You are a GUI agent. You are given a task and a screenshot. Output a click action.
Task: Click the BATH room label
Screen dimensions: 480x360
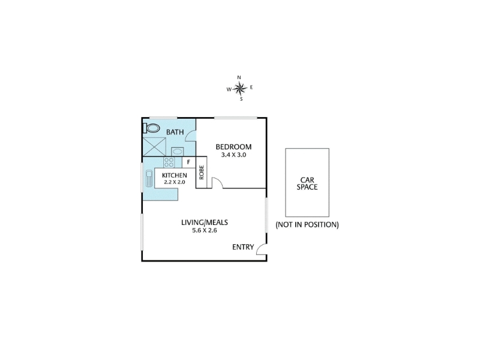point(175,132)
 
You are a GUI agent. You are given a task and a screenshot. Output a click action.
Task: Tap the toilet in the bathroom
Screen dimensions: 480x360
point(151,128)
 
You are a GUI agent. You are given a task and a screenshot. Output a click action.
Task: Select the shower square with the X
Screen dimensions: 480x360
point(154,147)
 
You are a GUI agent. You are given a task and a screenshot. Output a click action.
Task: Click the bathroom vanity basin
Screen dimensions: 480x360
point(177,152)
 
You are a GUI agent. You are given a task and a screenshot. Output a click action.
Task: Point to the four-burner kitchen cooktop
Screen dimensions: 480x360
point(169,162)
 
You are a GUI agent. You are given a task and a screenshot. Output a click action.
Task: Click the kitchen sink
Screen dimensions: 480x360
point(149,178)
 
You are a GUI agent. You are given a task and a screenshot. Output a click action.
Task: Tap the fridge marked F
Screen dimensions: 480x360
point(188,162)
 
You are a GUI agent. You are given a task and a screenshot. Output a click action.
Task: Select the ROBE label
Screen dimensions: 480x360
point(202,172)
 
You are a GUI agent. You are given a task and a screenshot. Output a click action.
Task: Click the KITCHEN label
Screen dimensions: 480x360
point(175,175)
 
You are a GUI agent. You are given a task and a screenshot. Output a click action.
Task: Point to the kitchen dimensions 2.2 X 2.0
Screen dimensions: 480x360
point(175,182)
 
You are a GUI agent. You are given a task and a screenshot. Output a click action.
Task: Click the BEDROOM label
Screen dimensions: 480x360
point(233,147)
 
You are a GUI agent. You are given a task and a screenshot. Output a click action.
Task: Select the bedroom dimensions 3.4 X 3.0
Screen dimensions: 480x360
point(233,155)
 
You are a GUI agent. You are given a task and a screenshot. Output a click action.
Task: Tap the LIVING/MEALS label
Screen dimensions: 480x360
point(205,222)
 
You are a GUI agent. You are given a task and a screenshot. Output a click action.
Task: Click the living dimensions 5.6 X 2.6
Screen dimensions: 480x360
point(205,230)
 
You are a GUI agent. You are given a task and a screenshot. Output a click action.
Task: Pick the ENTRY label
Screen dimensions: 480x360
point(243,247)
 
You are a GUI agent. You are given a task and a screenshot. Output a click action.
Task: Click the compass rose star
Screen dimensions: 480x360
point(239,89)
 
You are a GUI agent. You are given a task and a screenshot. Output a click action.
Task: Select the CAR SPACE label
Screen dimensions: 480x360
point(307,184)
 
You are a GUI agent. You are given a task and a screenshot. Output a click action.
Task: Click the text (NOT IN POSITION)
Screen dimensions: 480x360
point(307,224)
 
